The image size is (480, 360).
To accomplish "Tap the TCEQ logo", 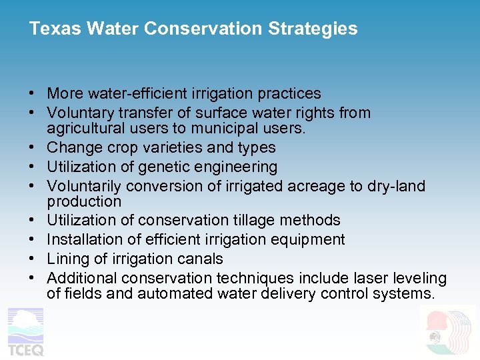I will [25, 331].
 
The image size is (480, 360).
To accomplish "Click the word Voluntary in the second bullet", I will [79, 113].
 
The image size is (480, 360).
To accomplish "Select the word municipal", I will [232, 128].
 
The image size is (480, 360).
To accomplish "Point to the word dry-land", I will [397, 186].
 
